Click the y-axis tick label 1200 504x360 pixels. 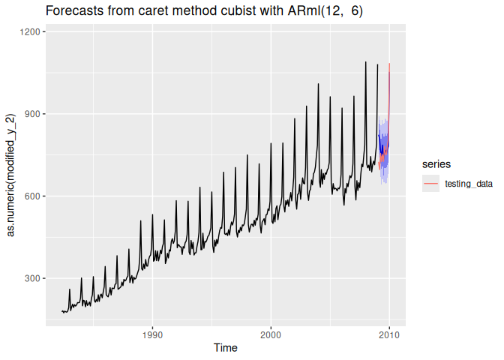click(x=30, y=32)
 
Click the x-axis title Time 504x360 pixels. click(x=226, y=348)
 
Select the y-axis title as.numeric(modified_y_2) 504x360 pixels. click(x=11, y=175)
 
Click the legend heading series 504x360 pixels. click(x=436, y=163)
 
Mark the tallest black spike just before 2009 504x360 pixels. click(x=365, y=62)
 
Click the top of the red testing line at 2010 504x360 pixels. click(x=389, y=64)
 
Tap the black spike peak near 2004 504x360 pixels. click(x=318, y=84)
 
